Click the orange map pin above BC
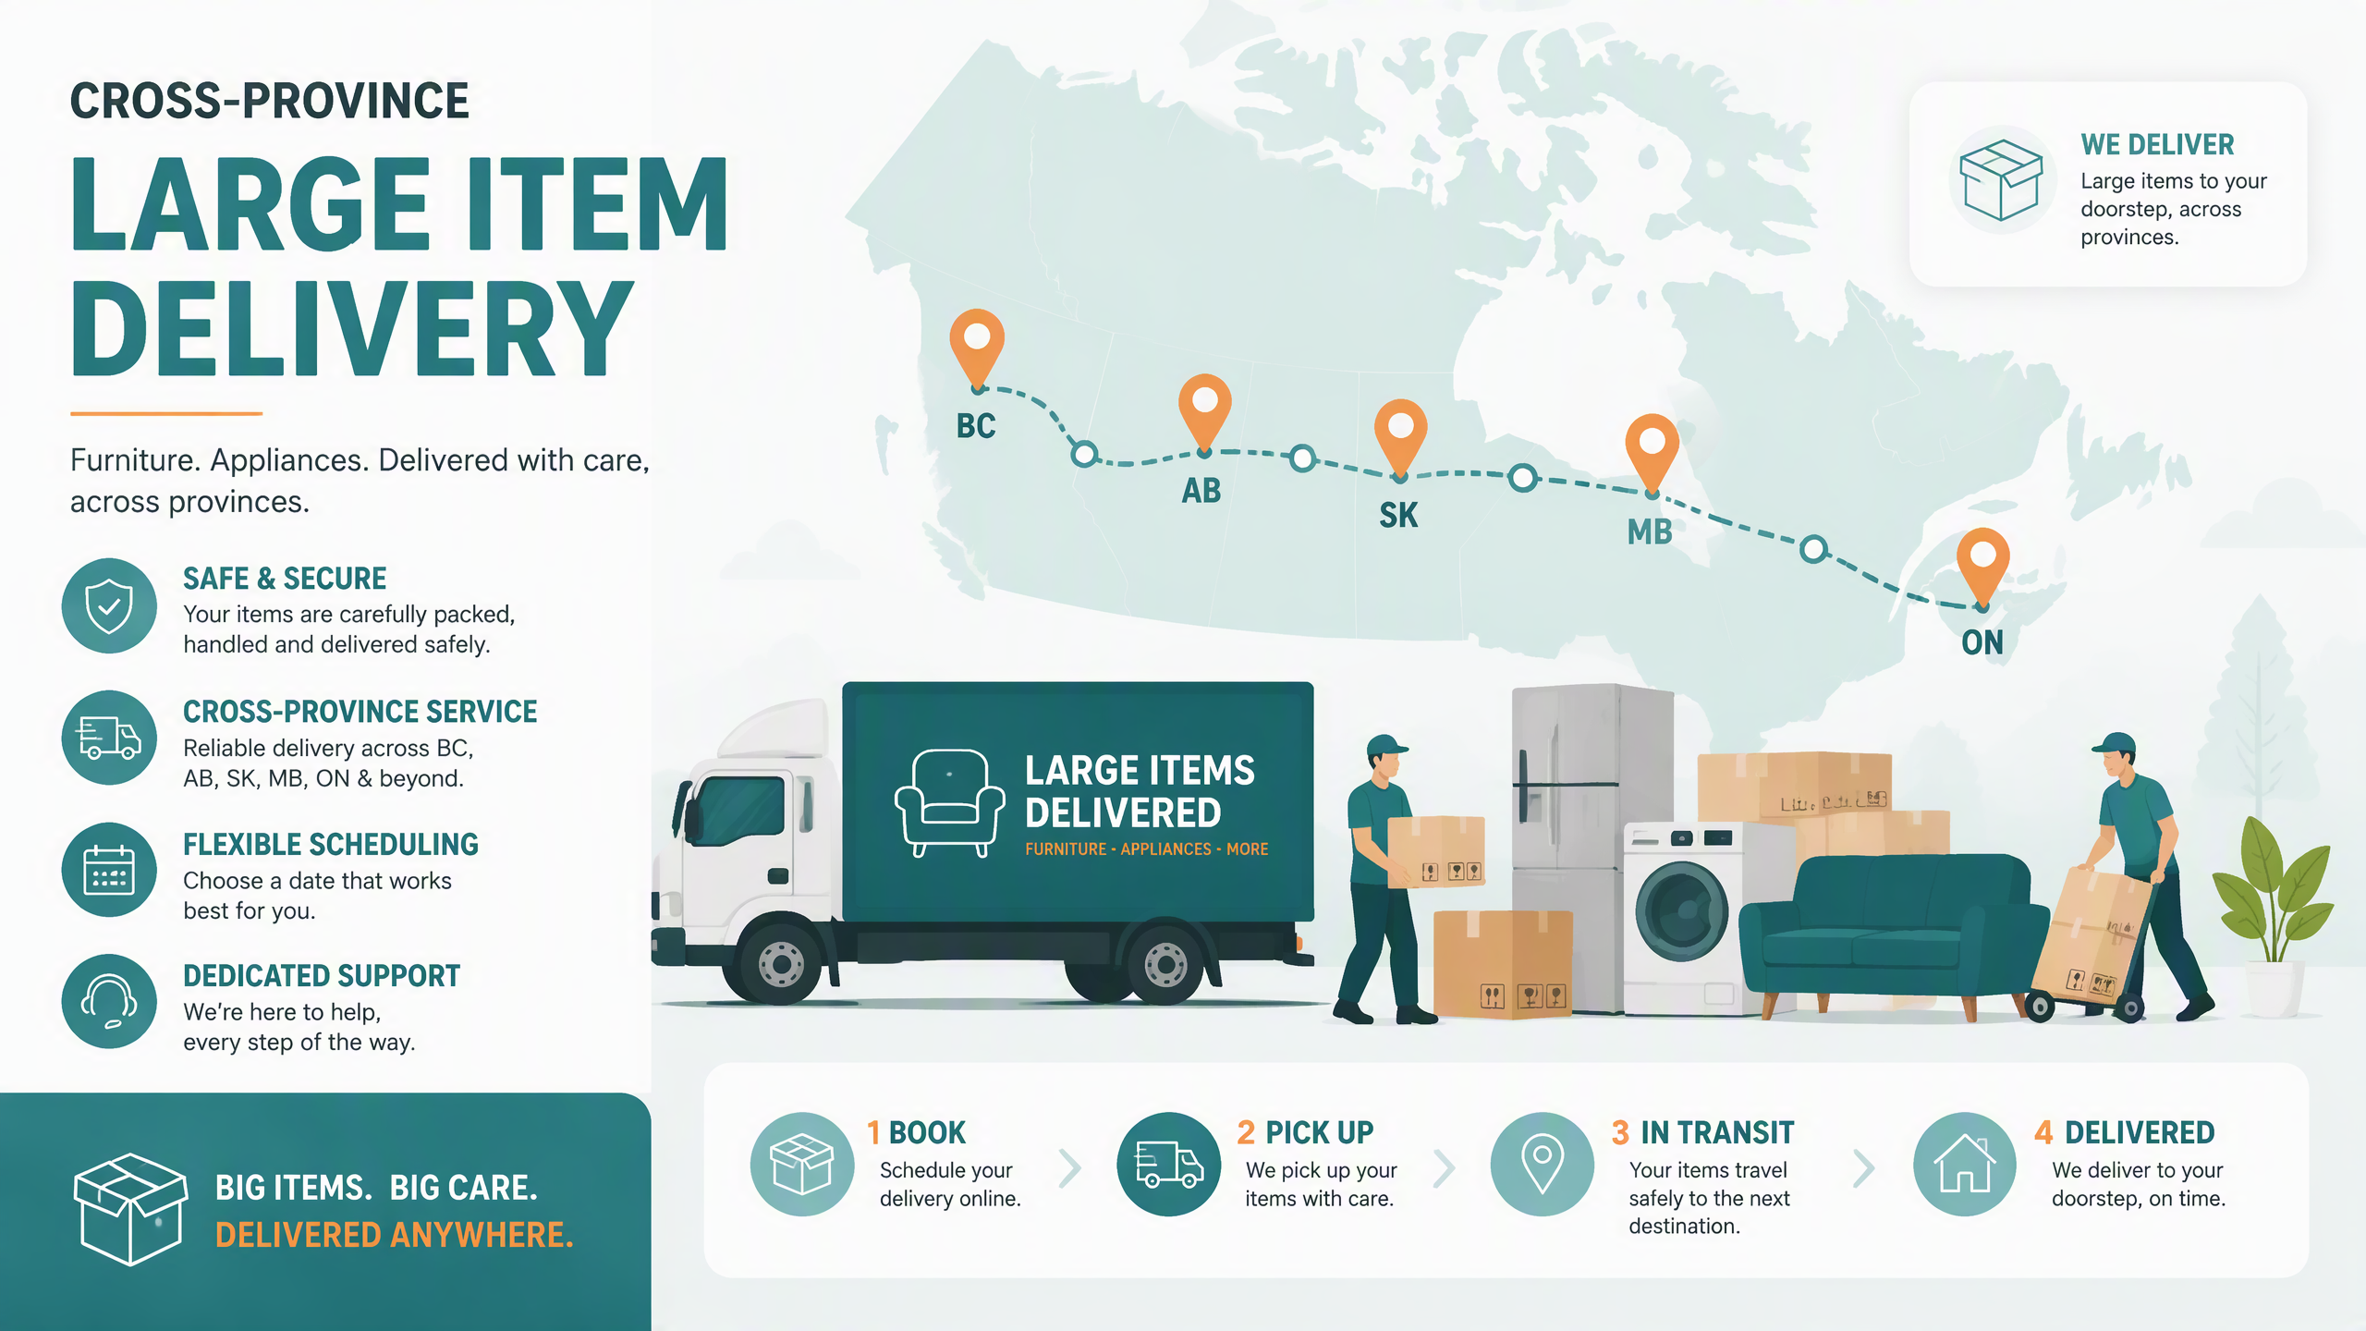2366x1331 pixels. (977, 347)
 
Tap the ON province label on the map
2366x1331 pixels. (1982, 642)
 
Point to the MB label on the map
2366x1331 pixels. (1650, 532)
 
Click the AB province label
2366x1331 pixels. (1201, 491)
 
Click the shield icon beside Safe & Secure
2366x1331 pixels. (109, 606)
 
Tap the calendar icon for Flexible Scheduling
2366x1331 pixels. (109, 870)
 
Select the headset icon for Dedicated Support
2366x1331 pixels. (109, 1002)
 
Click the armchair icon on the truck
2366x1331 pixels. (949, 802)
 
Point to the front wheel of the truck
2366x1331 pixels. (781, 964)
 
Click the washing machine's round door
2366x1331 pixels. (1682, 911)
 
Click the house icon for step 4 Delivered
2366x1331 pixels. (1965, 1164)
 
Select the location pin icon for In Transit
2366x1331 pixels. (1543, 1164)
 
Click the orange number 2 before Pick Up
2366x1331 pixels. (1246, 1132)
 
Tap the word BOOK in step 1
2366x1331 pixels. (927, 1132)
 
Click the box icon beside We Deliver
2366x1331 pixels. (2001, 180)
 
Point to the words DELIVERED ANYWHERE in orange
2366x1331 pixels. (395, 1236)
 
